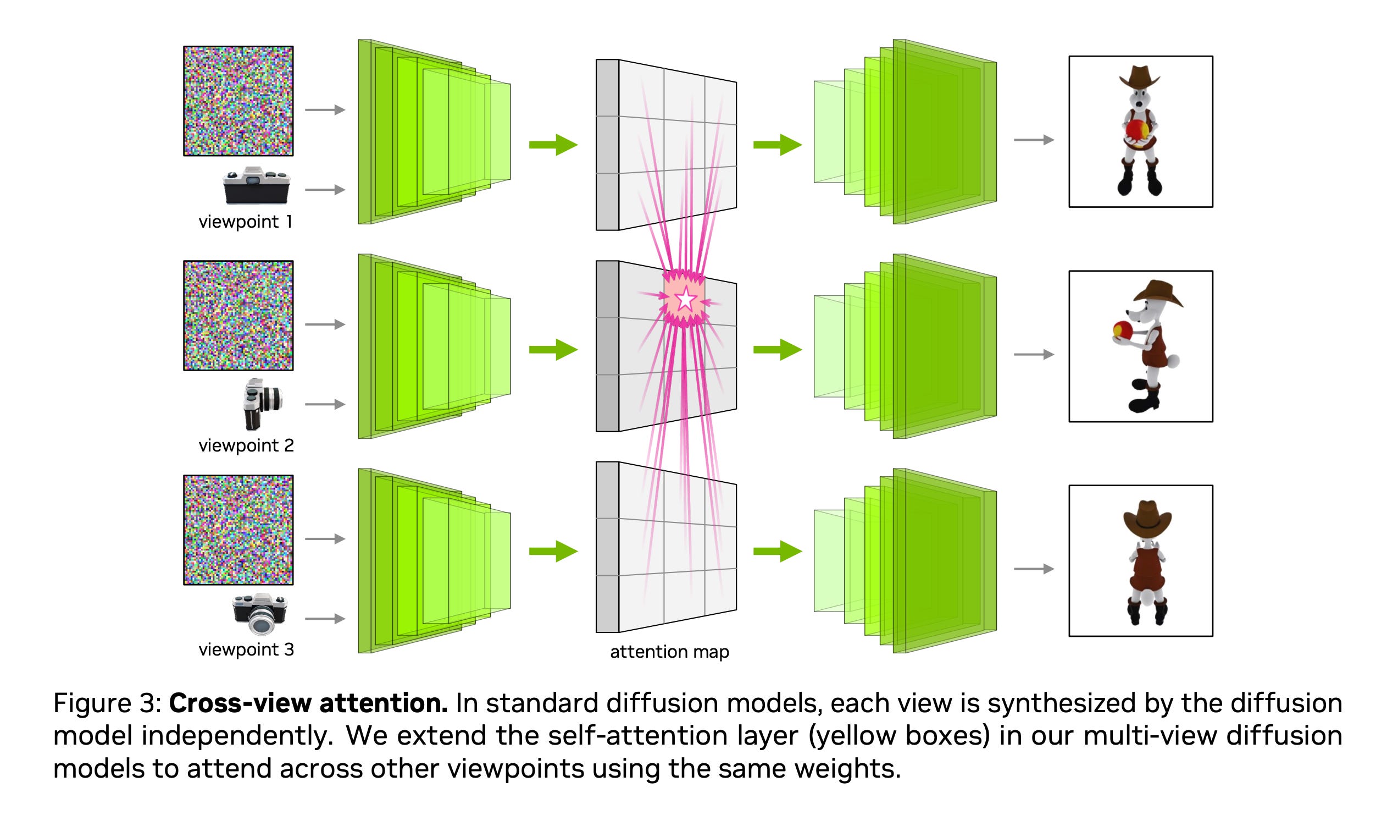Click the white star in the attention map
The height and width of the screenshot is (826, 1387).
tap(686, 300)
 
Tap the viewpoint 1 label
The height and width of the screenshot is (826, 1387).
tap(245, 222)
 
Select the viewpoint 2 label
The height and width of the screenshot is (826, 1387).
tap(246, 445)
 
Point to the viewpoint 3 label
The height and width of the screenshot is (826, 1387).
tap(246, 649)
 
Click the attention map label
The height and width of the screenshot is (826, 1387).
tap(669, 652)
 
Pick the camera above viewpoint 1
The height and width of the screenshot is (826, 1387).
tap(257, 186)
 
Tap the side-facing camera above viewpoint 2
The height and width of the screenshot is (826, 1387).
tap(262, 404)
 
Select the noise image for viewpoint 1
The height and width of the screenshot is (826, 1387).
tap(238, 101)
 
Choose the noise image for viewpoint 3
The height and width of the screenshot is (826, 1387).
tap(238, 530)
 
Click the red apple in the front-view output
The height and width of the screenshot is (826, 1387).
tap(1137, 130)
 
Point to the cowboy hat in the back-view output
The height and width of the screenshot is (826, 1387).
tap(1147, 516)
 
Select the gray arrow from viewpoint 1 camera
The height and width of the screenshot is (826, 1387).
tap(325, 190)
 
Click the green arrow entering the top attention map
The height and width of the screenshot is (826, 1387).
tap(553, 145)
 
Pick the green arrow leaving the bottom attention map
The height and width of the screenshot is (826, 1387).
tap(777, 551)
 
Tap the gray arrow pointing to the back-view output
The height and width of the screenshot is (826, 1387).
tap(1033, 569)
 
